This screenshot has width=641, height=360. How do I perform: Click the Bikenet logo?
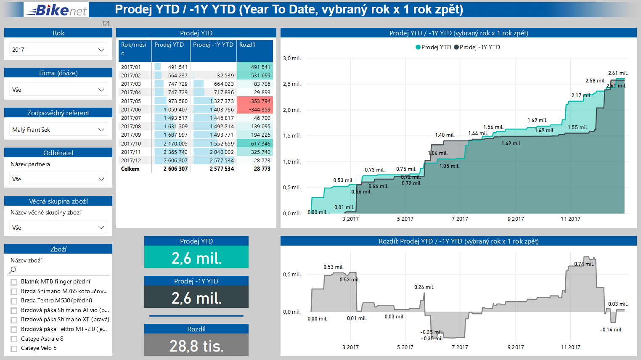pos(56,10)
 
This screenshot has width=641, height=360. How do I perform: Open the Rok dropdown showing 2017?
pos(58,50)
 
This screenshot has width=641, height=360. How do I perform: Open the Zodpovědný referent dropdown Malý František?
pos(58,130)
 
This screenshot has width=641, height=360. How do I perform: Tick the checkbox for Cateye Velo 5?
pos(14,349)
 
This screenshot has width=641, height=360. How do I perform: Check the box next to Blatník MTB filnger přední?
pos(14,282)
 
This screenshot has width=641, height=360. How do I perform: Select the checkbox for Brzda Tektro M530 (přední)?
pos(14,301)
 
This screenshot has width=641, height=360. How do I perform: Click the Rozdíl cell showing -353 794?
pos(255,101)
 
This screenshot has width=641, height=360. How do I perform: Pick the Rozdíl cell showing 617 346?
pos(255,144)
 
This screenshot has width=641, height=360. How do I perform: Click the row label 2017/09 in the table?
pos(131,135)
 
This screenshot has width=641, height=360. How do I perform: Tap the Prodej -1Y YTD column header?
pos(213,45)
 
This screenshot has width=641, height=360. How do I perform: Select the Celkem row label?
pos(130,169)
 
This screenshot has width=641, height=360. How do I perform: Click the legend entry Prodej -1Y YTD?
pos(479,47)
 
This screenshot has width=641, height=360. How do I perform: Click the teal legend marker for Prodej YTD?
pos(418,47)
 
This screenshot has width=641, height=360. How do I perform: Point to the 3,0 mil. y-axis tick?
pos(292,58)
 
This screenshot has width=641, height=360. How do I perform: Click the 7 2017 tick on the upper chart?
pos(460,219)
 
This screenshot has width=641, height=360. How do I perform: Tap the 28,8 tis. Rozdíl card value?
pos(196,346)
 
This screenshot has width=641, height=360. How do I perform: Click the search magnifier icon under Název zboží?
pos(13,270)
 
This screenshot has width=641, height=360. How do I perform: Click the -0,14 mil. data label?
pos(611,330)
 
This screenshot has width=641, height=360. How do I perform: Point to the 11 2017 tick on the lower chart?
pos(570,347)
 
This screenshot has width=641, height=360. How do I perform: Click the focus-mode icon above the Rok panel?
pos(106,24)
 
